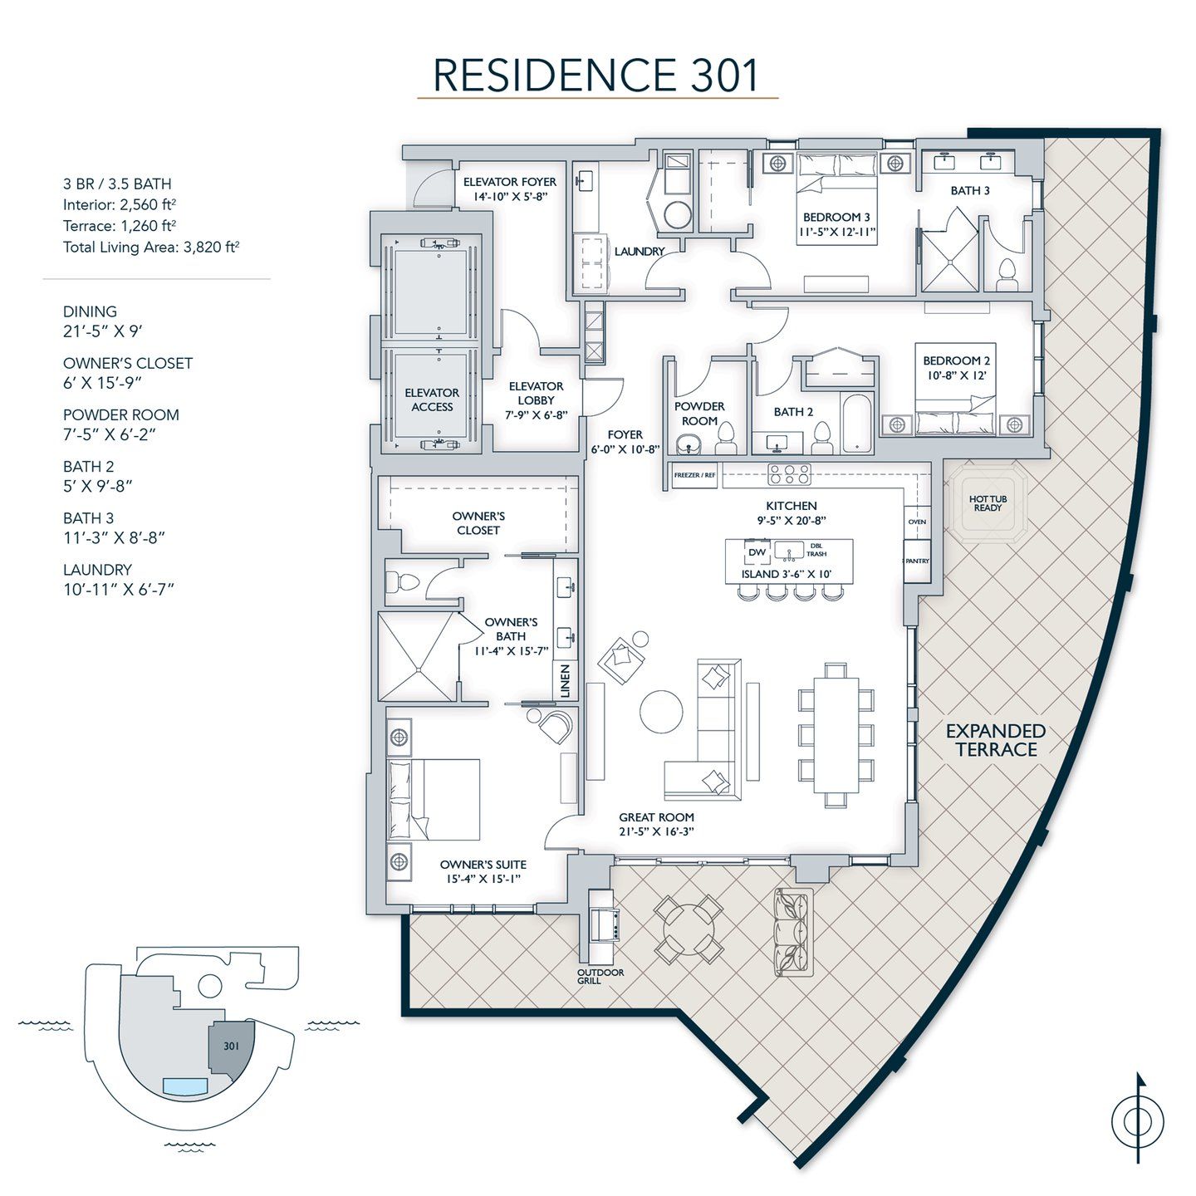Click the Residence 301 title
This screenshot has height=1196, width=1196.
596,75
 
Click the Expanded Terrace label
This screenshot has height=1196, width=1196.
996,740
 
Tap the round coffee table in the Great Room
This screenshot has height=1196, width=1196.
662,712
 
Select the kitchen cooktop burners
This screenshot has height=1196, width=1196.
789,474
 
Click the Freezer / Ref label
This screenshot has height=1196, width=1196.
694,475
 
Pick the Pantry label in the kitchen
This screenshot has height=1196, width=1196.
917,561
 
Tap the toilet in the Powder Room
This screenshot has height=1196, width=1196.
727,436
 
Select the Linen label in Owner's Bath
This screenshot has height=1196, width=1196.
566,680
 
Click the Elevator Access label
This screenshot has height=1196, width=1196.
432,399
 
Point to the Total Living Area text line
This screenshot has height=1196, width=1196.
151,247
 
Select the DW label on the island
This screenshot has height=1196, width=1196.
757,552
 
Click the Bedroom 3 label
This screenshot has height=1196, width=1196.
836,218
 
